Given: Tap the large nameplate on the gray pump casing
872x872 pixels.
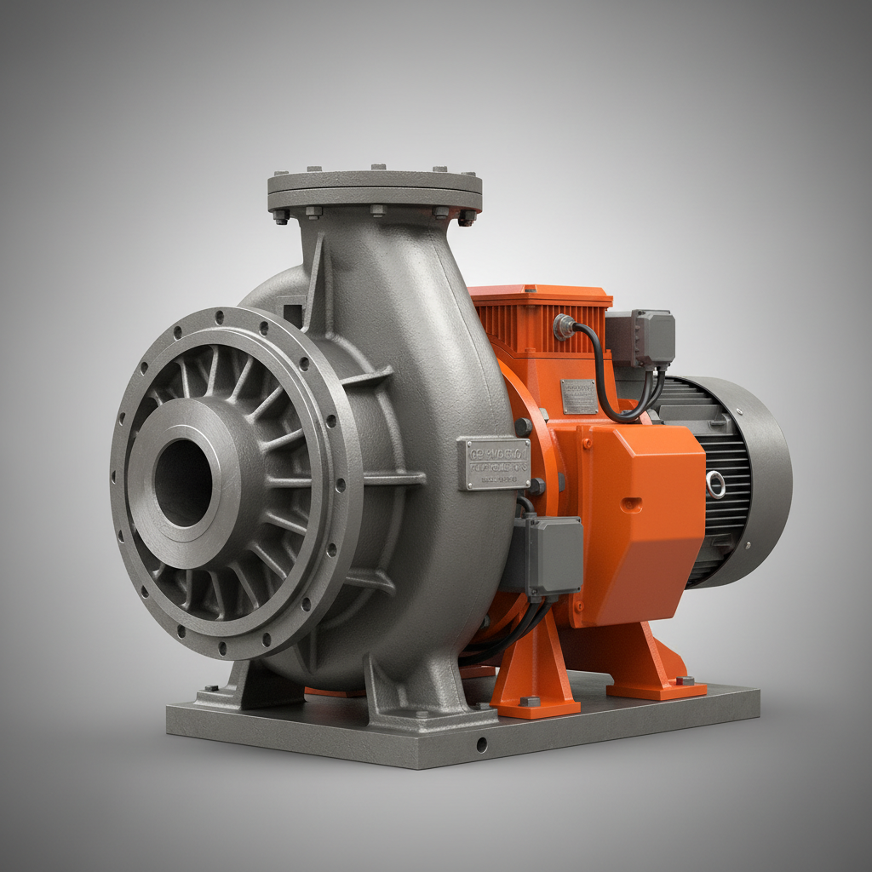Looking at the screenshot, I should [493, 464].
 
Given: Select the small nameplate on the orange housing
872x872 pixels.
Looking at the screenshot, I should [579, 397].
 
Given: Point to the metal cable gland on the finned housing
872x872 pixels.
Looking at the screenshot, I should [563, 326].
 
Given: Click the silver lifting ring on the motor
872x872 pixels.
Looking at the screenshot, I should [715, 485].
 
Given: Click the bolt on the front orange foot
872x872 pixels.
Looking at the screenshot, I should [530, 701].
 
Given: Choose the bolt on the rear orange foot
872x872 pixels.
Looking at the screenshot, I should [682, 680].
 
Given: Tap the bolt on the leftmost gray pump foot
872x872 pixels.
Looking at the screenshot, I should [209, 687].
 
